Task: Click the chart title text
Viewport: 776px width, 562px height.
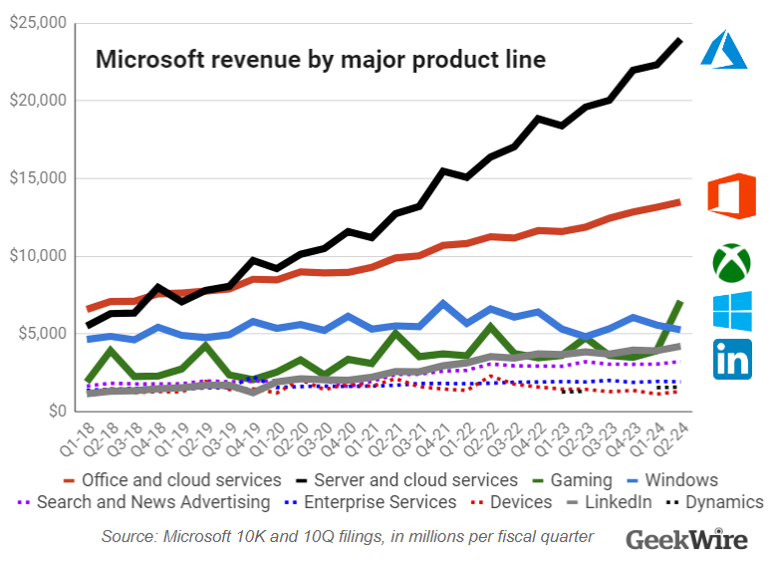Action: (x=320, y=60)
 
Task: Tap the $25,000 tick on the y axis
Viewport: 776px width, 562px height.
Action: (x=38, y=23)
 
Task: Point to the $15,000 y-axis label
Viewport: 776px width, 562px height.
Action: (x=38, y=178)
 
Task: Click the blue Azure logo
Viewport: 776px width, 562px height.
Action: (x=723, y=50)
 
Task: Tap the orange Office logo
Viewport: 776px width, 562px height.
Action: (x=731, y=195)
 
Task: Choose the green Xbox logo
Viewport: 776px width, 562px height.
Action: (x=732, y=261)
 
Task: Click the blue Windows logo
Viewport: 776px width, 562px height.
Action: (x=732, y=312)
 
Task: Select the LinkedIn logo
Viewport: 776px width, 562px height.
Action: (x=732, y=359)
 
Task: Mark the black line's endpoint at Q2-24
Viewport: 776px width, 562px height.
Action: (x=680, y=40)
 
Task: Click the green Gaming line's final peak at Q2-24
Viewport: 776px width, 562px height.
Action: (x=680, y=301)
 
